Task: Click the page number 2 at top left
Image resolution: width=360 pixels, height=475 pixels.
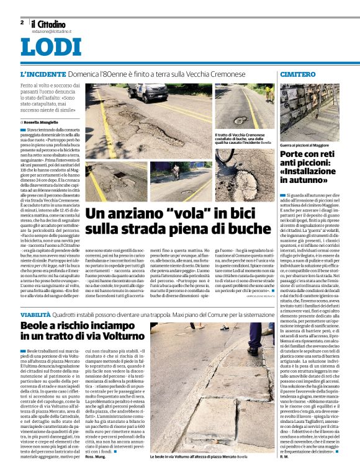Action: coord(22,22)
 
